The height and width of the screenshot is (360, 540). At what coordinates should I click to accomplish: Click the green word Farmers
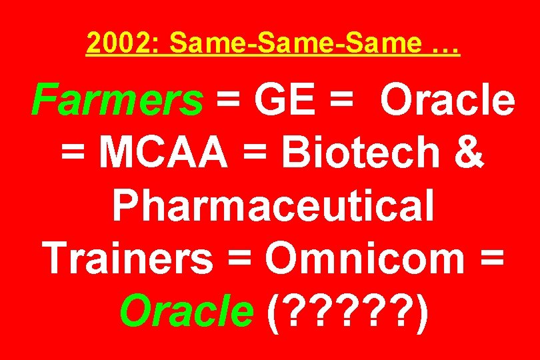117,101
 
